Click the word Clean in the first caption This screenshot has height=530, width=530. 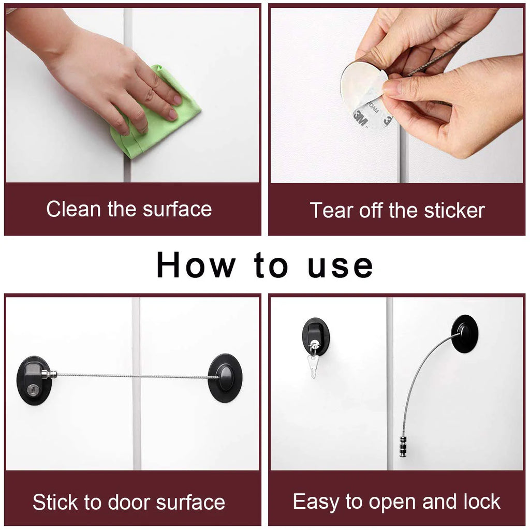pyautogui.click(x=73, y=210)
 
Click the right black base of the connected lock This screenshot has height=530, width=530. pyautogui.click(x=224, y=378)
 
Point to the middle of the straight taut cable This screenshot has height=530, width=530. pyautogui.click(x=132, y=376)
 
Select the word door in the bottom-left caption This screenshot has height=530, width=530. pyautogui.click(x=127, y=503)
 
